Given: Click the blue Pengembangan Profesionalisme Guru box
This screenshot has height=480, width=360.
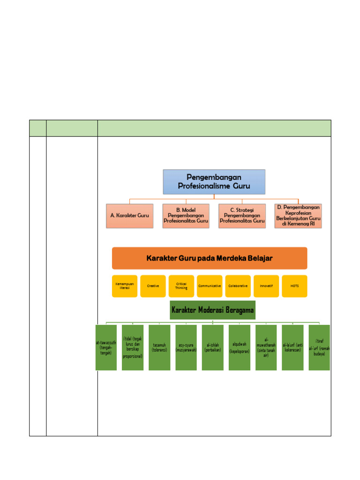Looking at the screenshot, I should [x=214, y=182].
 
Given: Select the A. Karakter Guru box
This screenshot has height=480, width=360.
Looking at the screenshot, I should [x=129, y=216].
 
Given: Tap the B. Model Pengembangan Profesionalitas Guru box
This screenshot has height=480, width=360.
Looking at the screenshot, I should [x=186, y=216].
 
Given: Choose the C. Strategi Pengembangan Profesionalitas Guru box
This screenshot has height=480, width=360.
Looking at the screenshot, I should [x=242, y=216].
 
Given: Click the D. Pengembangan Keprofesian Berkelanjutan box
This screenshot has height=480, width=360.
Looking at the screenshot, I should [x=298, y=216].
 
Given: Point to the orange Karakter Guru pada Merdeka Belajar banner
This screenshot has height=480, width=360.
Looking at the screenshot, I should [x=210, y=258].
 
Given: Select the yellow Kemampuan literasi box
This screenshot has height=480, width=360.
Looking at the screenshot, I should [x=125, y=286].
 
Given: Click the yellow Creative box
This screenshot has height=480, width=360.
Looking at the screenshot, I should [x=153, y=286].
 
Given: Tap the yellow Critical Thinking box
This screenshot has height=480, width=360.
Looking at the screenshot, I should [x=181, y=286].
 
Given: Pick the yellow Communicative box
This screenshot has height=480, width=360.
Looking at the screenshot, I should [x=210, y=286].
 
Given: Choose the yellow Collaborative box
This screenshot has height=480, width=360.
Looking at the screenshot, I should [x=238, y=286].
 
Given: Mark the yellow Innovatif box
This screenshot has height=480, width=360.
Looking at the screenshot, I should [x=266, y=286].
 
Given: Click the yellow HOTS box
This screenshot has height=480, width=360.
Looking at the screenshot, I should [x=295, y=286].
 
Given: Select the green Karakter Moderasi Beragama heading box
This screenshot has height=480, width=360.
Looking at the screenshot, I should [x=213, y=310].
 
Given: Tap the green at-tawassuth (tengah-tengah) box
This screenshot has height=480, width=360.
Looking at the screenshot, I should [x=106, y=347].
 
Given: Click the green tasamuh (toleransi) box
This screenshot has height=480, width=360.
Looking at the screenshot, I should [x=159, y=347].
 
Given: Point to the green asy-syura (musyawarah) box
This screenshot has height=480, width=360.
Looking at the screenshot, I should [x=186, y=347].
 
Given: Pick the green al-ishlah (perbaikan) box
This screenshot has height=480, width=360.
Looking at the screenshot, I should [x=212, y=347].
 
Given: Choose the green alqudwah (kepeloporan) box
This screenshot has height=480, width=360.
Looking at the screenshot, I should [x=239, y=347].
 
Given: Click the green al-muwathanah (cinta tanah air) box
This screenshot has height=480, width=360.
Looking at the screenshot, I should [x=266, y=347].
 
